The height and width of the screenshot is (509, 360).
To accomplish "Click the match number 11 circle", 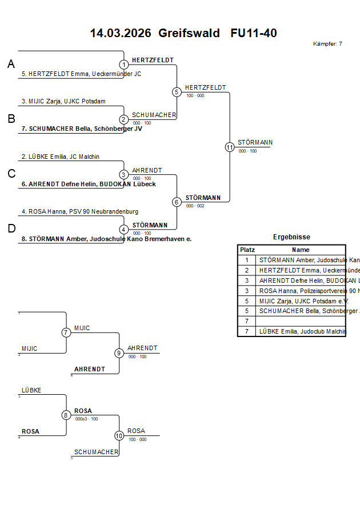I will tap(230, 147).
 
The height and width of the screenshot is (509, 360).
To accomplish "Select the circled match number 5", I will tap(177, 92).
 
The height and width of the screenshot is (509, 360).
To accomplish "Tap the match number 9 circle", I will tap(119, 353).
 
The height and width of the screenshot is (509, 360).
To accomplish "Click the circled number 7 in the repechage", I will tap(66, 332).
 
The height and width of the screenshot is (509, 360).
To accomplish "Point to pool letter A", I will tap(11, 65).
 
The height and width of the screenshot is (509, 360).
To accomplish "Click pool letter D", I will tap(11, 229).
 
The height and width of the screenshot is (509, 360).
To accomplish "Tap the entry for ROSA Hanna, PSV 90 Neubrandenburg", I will tap(79, 211).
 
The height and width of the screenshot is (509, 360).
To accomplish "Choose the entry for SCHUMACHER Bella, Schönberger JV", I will tap(82, 129).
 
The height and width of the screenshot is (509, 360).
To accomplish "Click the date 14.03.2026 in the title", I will tap(121, 33).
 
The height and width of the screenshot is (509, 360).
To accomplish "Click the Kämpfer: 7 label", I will tap(328, 44).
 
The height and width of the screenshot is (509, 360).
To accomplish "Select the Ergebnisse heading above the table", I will tap(291, 237).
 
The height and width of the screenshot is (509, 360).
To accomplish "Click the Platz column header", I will tap(247, 250).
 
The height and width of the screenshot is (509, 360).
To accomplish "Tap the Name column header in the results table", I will tap(301, 250).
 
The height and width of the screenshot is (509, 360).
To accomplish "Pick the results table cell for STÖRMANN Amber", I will tap(301, 260).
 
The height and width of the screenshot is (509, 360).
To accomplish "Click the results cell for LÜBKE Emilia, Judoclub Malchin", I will tap(301, 331).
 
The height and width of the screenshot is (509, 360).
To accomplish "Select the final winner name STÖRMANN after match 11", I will tap(255, 142).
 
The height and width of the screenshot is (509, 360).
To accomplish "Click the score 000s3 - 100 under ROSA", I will tap(86, 419).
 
